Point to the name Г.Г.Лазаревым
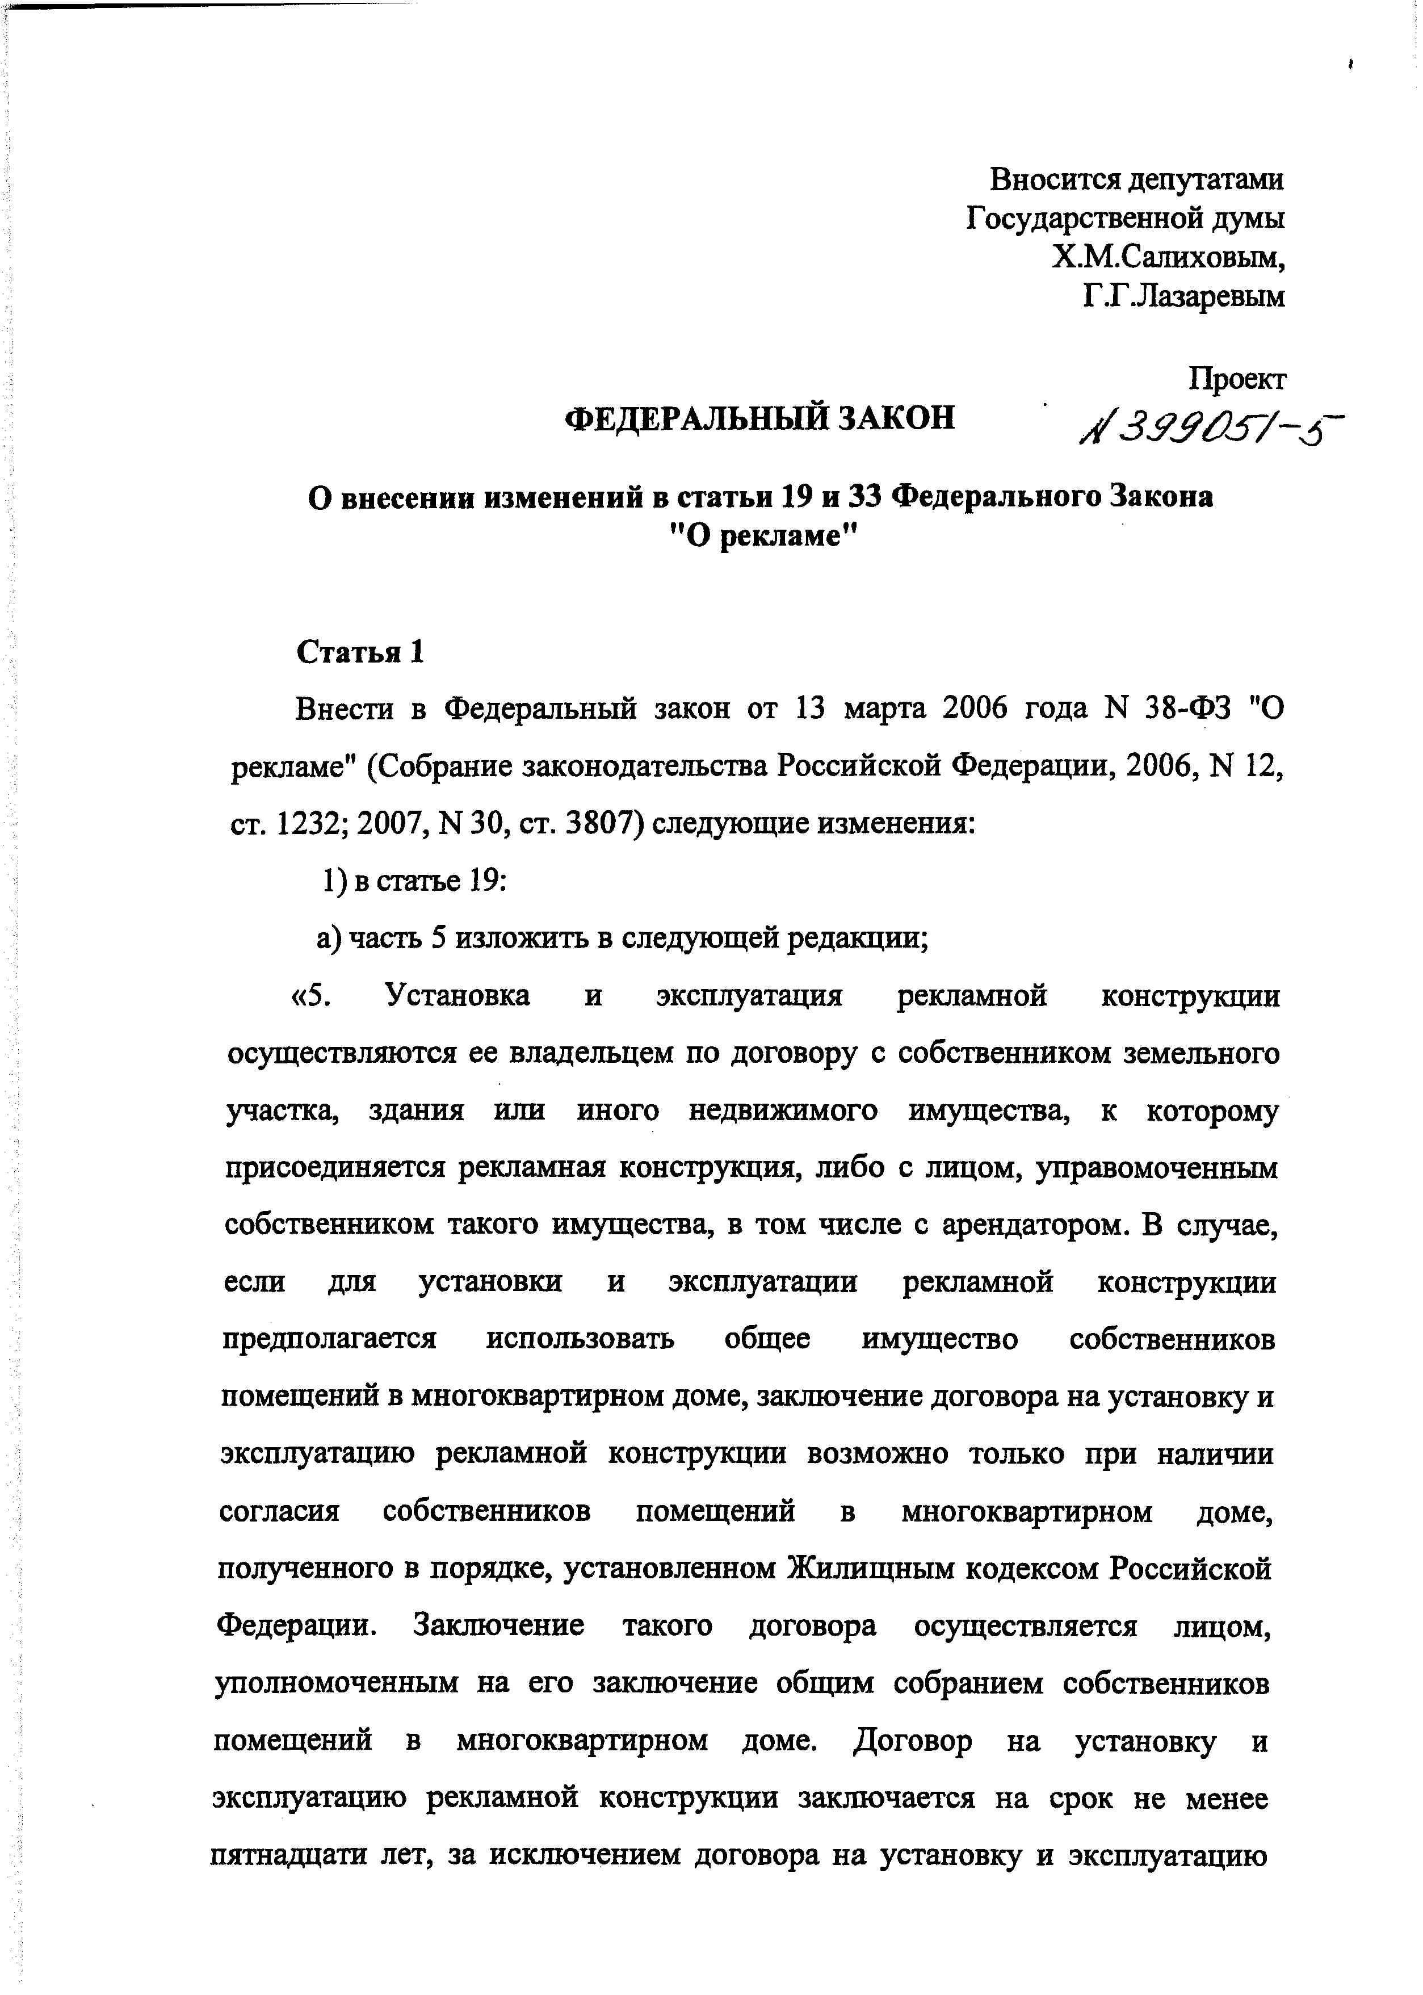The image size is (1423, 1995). (x=1183, y=296)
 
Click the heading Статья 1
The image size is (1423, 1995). (x=360, y=653)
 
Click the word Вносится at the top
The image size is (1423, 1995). (x=1053, y=179)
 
